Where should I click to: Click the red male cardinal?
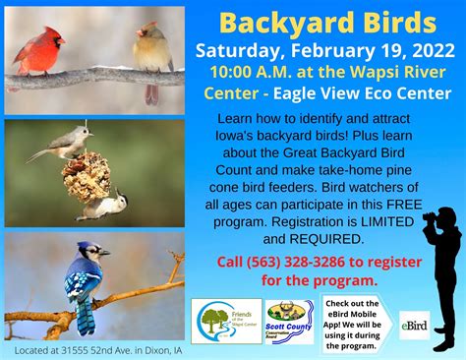(x=40, y=51)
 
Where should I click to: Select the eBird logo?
(x=414, y=324)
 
